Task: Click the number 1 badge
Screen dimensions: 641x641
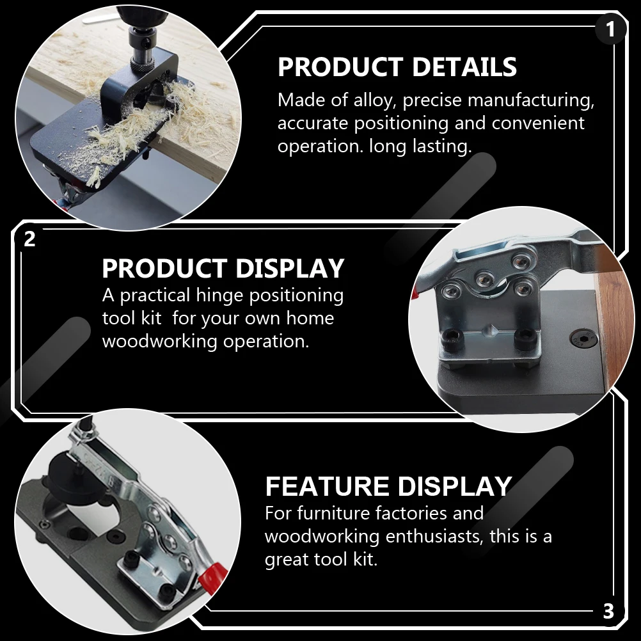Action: [610, 29]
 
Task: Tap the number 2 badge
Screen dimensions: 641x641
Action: [29, 239]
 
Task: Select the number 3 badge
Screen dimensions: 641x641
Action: [608, 612]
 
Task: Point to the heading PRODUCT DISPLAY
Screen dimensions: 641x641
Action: [223, 269]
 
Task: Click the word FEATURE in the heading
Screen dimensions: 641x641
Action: [324, 487]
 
